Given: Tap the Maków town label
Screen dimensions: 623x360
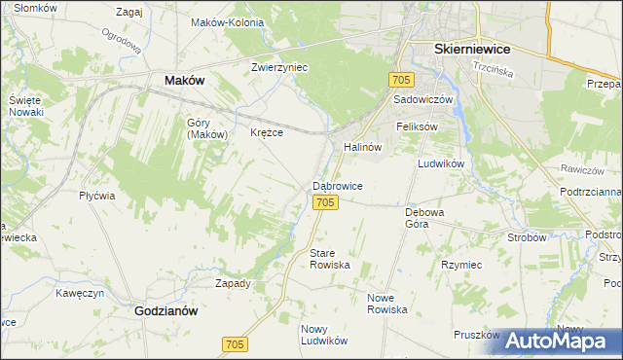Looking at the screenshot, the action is click(x=184, y=81).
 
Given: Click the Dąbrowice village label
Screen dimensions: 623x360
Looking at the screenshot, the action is click(x=338, y=185).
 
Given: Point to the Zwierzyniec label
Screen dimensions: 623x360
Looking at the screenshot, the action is click(x=279, y=67).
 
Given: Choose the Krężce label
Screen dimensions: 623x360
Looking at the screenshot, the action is click(x=267, y=132).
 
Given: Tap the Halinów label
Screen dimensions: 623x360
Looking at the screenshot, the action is click(x=361, y=147).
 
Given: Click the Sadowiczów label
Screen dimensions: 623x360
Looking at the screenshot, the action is click(x=423, y=99).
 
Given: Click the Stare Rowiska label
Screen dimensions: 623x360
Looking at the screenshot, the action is click(x=329, y=259).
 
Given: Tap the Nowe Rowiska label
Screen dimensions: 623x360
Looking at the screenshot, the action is click(x=386, y=303).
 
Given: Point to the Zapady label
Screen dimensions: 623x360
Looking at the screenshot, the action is click(x=233, y=283).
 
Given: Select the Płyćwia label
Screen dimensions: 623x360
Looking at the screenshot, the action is click(x=97, y=196).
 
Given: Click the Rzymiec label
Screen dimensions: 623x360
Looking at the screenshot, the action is click(x=461, y=265).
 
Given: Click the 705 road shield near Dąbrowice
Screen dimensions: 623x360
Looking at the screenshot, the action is click(x=326, y=202).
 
